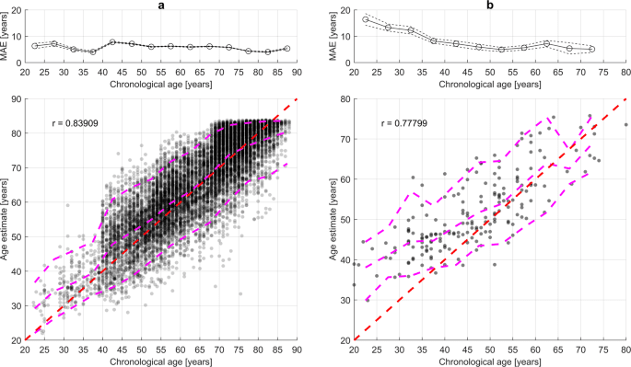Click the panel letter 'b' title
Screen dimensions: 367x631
(x=489, y=6)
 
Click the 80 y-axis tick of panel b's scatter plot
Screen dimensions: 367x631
(x=344, y=98)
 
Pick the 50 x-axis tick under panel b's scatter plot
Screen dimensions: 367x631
(x=489, y=350)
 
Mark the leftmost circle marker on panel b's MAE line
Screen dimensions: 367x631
(x=366, y=19)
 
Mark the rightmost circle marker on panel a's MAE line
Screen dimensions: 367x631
(x=286, y=49)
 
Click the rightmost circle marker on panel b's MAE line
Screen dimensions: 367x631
(x=591, y=50)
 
